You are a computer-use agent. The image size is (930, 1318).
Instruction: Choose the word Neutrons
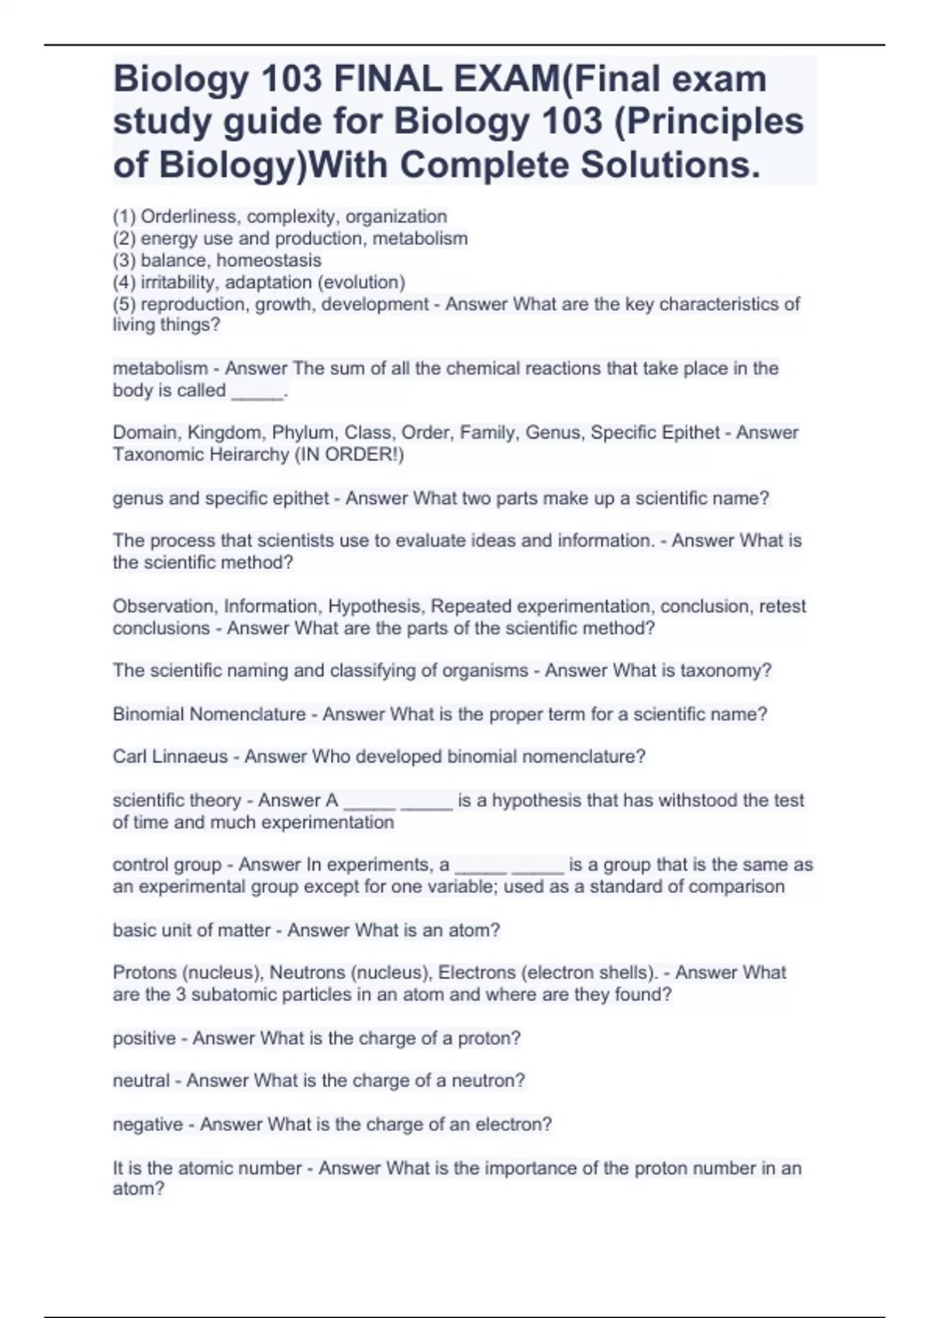pos(306,973)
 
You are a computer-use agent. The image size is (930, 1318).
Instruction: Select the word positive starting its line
pos(144,1039)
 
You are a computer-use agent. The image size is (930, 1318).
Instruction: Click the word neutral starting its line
pos(141,1081)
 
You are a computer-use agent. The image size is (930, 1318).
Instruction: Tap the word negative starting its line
pos(148,1124)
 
